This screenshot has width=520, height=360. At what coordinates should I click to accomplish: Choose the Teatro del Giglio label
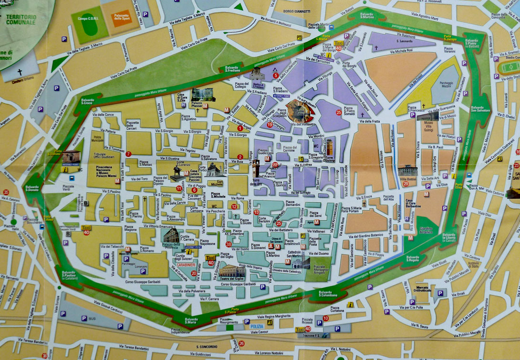[231, 279]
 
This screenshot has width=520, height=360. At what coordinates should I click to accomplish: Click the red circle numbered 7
[128, 154]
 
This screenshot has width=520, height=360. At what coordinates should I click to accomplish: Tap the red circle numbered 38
[229, 244]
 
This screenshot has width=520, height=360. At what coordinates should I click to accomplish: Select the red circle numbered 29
[406, 184]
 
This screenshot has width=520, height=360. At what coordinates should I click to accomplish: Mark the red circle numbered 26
[241, 343]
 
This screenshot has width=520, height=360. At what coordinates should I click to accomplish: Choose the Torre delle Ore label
[256, 182]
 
